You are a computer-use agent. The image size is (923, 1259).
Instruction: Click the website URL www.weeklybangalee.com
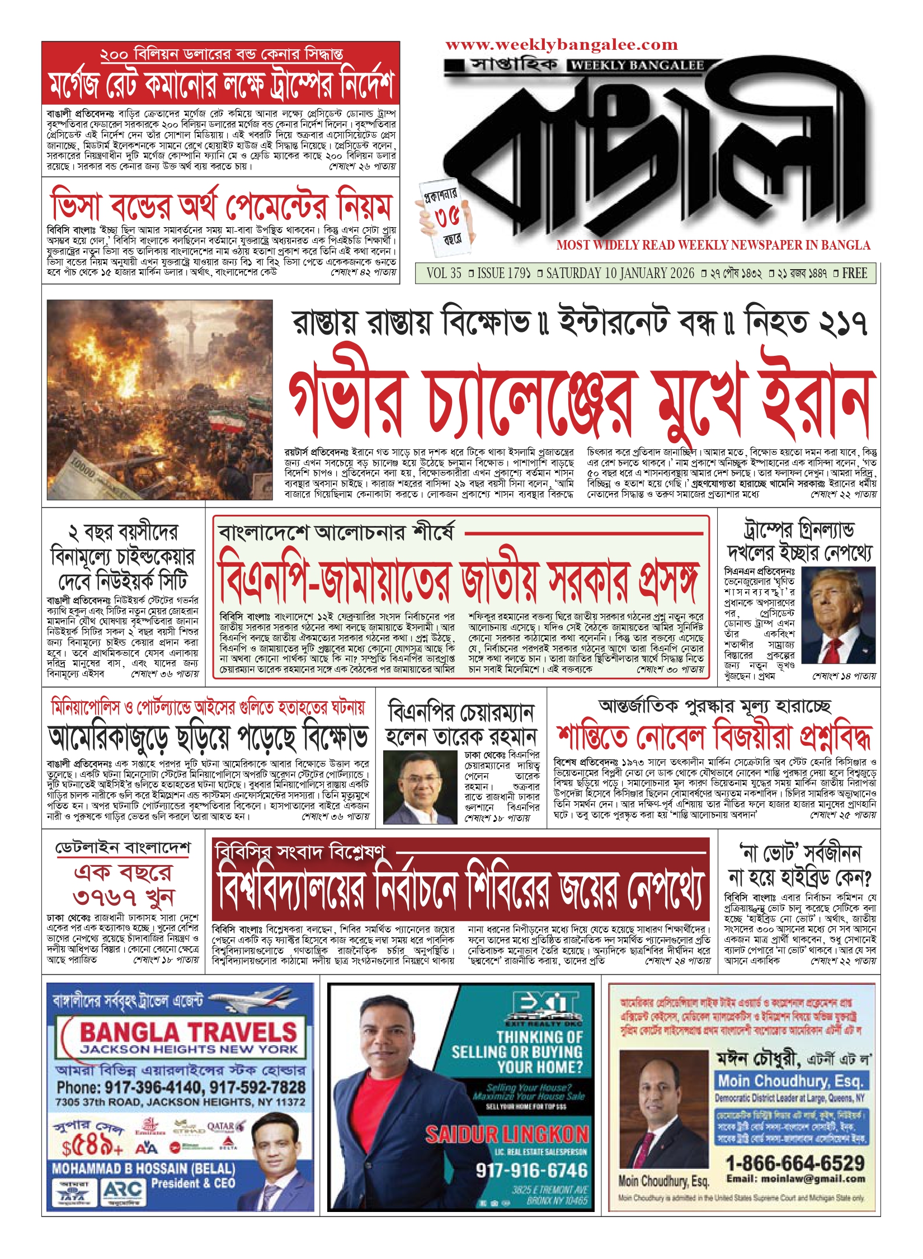[x=561, y=45]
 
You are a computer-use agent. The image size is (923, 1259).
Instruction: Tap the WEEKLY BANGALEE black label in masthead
[x=637, y=65]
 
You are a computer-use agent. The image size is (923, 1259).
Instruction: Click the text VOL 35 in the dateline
[x=444, y=274]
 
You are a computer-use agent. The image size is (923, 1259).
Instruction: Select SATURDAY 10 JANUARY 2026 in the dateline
[x=620, y=274]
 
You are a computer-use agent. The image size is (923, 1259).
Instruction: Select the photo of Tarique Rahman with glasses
[x=420, y=787]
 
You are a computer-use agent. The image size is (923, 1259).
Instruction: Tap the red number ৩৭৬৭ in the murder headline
[x=105, y=897]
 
